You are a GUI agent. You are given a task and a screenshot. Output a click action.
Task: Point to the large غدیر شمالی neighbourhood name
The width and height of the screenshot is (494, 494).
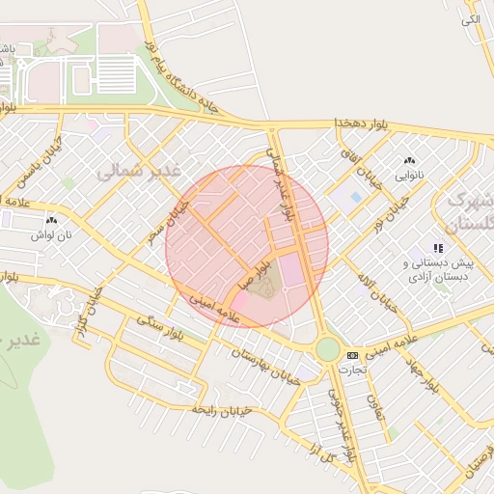(x=139, y=171)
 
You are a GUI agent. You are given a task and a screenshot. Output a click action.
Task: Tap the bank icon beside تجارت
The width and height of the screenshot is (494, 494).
(x=352, y=354)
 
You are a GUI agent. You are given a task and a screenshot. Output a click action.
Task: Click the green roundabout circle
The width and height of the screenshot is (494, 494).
(x=328, y=348)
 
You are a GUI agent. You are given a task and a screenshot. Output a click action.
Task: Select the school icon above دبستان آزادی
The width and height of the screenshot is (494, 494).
(x=438, y=248)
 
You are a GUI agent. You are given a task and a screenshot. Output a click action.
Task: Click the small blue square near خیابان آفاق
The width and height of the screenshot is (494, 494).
(x=356, y=197)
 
